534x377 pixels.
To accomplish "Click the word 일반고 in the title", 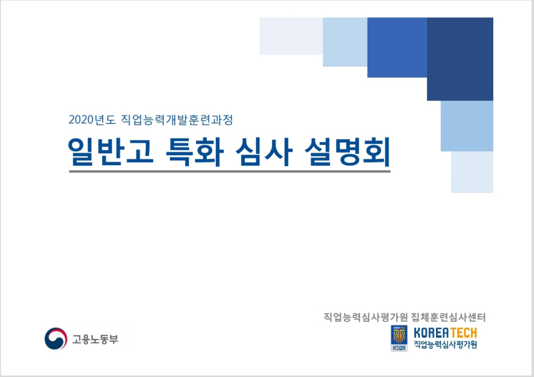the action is [111, 152].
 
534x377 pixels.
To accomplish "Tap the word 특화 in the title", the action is [195, 152].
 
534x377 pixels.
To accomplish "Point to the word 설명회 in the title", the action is [347, 152].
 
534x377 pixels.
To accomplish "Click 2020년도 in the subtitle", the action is [92, 120].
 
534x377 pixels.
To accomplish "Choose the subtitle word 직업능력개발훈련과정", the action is [177, 120].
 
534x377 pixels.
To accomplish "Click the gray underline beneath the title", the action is [229, 171].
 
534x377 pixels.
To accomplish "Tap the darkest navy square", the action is [460, 59].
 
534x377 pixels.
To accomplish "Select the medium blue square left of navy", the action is [397, 47].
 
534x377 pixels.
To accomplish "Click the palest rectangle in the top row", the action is [291, 36].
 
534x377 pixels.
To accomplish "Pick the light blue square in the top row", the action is [345, 42].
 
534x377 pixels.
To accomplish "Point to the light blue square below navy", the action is [467, 126].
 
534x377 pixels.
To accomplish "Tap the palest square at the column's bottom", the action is [472, 172].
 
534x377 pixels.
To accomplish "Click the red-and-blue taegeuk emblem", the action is [56, 338].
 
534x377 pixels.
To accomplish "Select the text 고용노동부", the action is [95, 339].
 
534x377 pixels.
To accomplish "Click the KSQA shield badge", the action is [399, 338].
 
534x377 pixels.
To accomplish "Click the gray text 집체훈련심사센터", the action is [448, 318].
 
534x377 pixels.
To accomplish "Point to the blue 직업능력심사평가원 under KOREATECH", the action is [445, 344].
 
